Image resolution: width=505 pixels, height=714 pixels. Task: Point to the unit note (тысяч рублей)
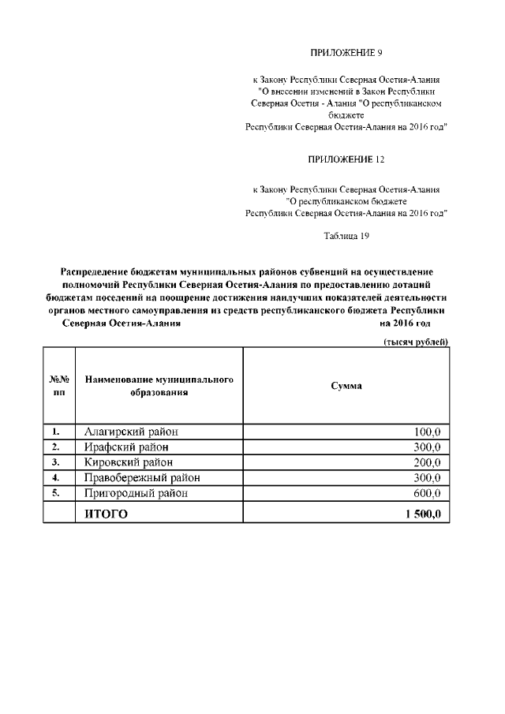coord(416,341)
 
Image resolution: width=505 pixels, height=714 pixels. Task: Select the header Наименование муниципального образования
coord(159,386)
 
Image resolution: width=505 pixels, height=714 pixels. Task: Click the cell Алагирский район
coord(131,432)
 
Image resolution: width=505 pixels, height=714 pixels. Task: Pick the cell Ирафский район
coord(126,447)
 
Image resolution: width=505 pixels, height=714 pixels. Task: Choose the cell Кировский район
coord(129,462)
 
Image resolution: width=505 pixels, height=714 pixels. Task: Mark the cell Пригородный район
coord(137,494)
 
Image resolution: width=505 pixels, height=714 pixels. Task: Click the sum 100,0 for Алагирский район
coord(426,432)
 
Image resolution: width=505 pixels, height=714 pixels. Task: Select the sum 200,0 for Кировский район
coord(426,462)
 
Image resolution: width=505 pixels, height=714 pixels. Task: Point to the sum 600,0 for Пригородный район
coord(426,494)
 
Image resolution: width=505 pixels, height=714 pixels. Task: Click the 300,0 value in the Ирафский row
coord(426,447)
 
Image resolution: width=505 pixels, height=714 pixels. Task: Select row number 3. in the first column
coord(57,462)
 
